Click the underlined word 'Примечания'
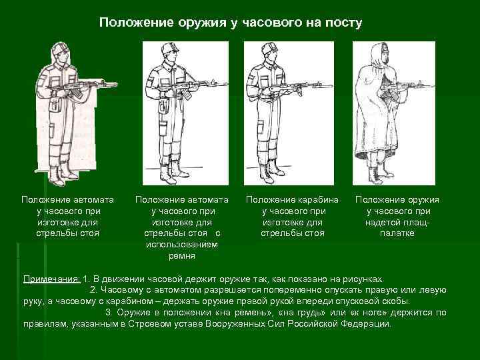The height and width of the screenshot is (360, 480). pos(51,279)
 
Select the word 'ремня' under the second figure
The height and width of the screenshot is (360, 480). pos(182,256)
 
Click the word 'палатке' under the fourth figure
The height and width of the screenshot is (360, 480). pos(397,233)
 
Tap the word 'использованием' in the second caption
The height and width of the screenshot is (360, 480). pos(182,245)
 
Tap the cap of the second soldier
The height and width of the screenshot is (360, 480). pos(169,48)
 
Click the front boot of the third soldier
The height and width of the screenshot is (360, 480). pos(266,175)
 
